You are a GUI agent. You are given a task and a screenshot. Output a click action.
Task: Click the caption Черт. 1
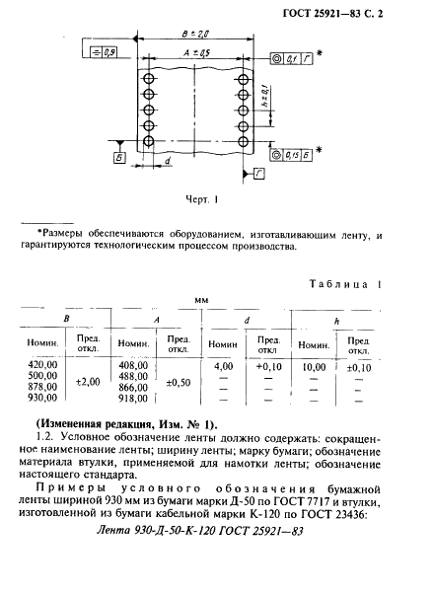[200, 198]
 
